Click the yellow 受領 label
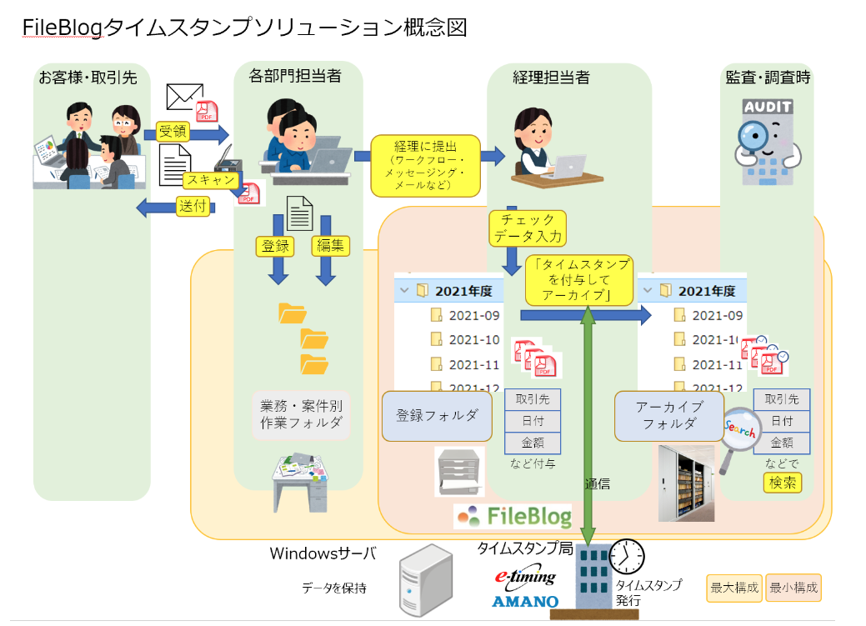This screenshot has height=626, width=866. click(173, 131)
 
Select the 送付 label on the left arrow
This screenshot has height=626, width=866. click(193, 207)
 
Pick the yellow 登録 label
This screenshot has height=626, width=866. click(275, 245)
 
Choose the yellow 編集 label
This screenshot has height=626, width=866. click(330, 245)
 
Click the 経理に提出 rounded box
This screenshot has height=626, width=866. click(425, 165)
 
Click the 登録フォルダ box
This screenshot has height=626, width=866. click(437, 415)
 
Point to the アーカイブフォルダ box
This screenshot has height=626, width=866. click(668, 415)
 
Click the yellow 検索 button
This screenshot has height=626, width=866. click(783, 483)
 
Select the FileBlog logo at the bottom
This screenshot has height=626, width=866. click(513, 514)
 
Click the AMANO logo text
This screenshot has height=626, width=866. click(524, 601)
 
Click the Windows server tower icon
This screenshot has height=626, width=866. click(426, 582)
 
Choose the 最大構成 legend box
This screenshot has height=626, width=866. click(734, 588)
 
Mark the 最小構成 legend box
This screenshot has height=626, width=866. click(793, 588)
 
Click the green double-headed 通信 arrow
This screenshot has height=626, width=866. click(588, 417)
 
